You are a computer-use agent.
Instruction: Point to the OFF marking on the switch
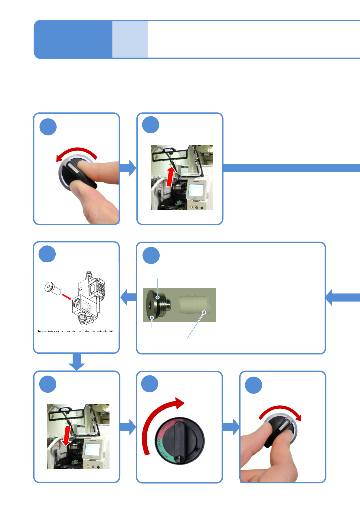coord(158,443)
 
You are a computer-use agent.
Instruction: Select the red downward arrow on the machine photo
coord(67,436)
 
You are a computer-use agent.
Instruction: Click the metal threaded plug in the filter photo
coord(158,304)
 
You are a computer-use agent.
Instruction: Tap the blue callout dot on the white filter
coord(204,312)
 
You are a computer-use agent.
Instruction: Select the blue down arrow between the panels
coord(77,361)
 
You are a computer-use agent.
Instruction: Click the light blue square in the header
coord(130,39)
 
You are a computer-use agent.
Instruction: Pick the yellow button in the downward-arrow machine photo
coord(88,466)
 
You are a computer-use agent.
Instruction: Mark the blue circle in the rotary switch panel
coord(150,384)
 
